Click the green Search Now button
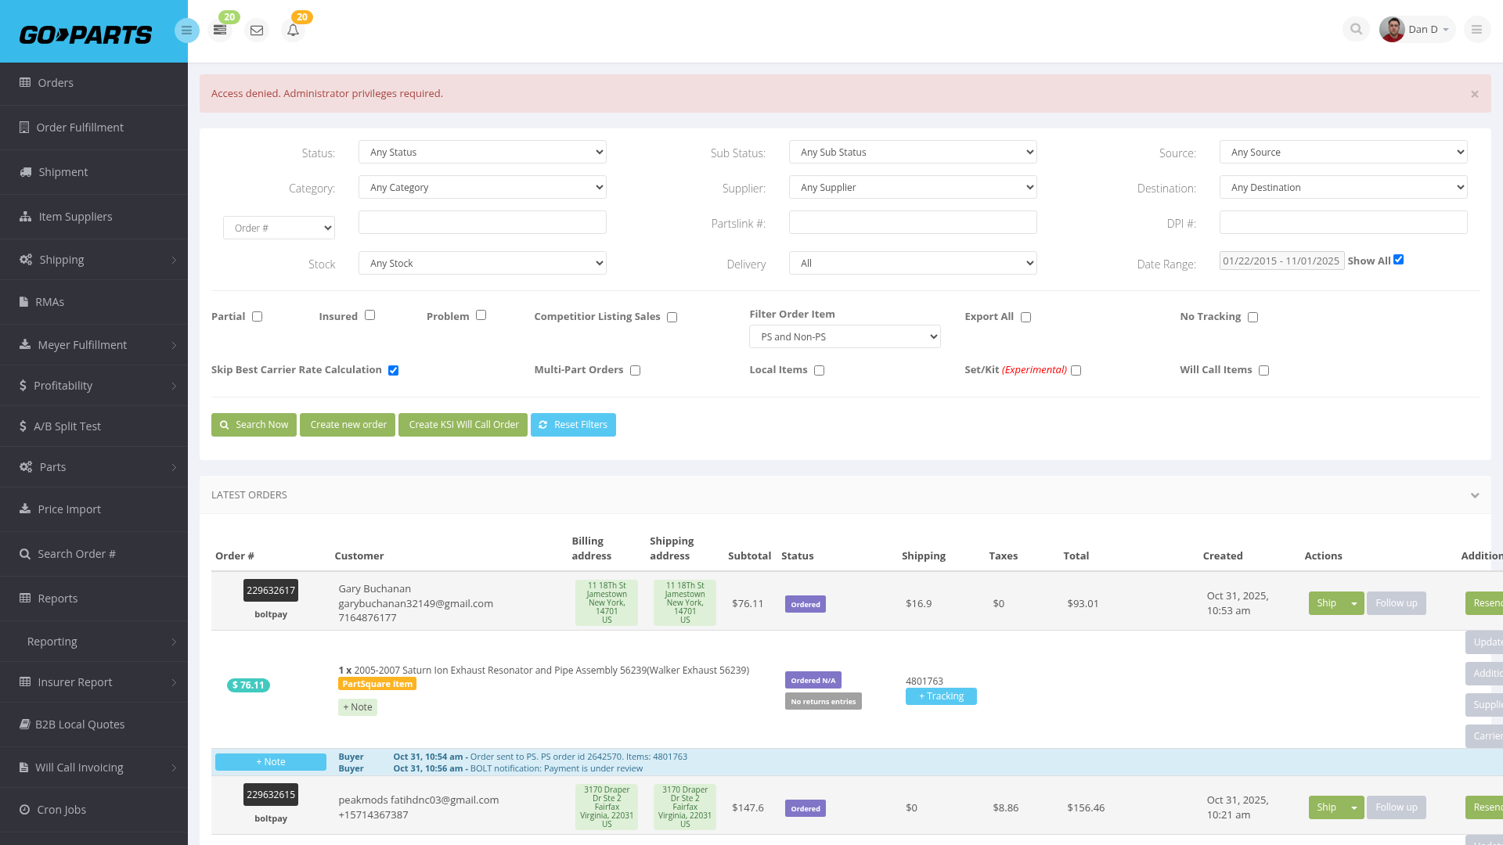click(x=254, y=425)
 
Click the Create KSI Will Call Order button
click(x=463, y=425)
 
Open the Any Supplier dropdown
click(x=913, y=187)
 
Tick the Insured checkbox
click(x=369, y=315)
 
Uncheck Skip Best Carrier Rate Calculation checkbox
click(x=393, y=370)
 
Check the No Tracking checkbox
click(x=1252, y=317)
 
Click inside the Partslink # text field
click(x=913, y=222)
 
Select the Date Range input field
click(x=1281, y=261)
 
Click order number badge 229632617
click(x=271, y=591)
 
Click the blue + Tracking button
click(x=941, y=696)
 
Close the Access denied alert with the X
click(x=1475, y=94)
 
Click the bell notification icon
click(x=293, y=31)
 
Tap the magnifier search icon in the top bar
click(x=1356, y=30)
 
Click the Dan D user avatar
click(x=1392, y=30)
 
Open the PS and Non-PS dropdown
click(x=845, y=336)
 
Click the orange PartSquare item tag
click(x=377, y=684)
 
